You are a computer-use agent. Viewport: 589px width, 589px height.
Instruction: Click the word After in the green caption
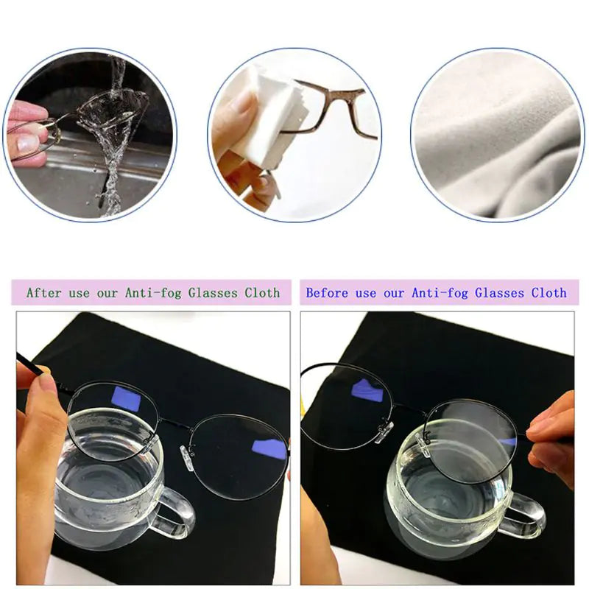tap(43, 292)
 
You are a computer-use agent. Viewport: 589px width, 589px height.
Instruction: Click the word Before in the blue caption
tap(327, 292)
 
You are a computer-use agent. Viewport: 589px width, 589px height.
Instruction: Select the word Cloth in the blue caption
tap(549, 292)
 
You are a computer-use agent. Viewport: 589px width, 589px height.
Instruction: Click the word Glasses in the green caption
tap(214, 292)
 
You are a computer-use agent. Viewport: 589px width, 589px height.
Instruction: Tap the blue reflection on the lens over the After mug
tap(126, 398)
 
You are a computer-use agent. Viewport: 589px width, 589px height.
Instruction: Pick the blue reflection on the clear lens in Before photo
tap(367, 390)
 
